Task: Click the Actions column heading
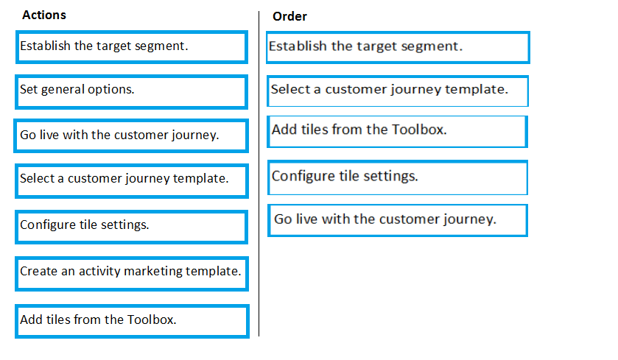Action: coord(44,15)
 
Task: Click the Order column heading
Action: coord(289,16)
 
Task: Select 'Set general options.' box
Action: coord(132,92)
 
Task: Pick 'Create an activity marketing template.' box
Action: coord(132,274)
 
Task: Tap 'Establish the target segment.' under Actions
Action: coord(132,47)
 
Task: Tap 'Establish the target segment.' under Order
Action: coord(398,48)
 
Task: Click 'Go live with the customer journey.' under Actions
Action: coord(131,136)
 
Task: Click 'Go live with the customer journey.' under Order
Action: coord(397,220)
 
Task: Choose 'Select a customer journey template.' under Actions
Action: coord(132,181)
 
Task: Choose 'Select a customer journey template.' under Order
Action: coord(397,91)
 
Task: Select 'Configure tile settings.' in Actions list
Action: coord(132,227)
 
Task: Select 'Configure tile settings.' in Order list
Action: coord(397,177)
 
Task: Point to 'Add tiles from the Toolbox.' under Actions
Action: coord(132,321)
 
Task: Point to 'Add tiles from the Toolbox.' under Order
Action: coord(397,132)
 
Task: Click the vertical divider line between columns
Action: coord(259,174)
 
